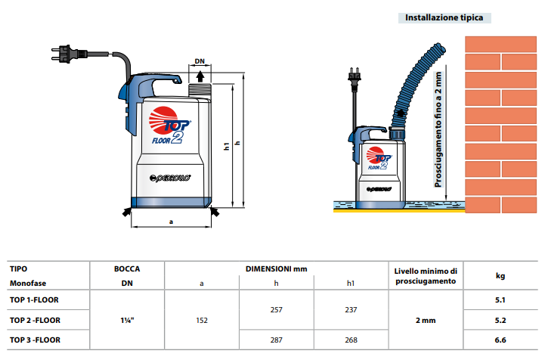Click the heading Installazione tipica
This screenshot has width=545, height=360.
coord(444,17)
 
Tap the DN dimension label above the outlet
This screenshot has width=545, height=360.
coord(200,61)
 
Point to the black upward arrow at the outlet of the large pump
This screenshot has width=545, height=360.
coord(200,76)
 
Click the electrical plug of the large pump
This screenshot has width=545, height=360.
coord(69,54)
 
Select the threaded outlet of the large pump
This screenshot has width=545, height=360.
coord(200,90)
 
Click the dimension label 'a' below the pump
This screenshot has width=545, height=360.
coord(171,222)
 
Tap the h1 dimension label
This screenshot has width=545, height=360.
coord(227,146)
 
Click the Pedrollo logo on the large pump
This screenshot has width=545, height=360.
coord(170,178)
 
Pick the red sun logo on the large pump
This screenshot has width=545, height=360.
coord(163,119)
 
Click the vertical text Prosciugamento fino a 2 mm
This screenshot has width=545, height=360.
coord(438,130)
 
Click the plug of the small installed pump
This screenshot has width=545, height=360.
coord(355,75)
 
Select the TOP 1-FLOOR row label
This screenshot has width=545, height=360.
coord(34,299)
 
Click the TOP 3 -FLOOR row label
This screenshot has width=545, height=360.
coord(35,340)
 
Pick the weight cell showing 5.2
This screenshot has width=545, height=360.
coord(500,320)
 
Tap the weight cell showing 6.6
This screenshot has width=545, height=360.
coord(500,340)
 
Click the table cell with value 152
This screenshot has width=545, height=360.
coord(202,320)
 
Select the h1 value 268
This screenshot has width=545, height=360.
coord(351,340)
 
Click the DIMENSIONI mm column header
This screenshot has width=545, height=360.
coord(277,269)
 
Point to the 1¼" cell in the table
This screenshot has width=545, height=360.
coord(127,320)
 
